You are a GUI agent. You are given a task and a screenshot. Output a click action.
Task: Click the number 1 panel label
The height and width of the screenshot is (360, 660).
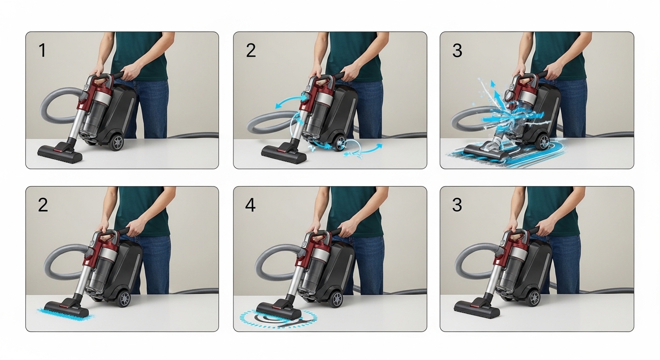pyautogui.click(x=42, y=51)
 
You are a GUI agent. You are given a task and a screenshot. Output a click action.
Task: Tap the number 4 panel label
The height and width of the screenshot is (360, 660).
pyautogui.click(x=250, y=205)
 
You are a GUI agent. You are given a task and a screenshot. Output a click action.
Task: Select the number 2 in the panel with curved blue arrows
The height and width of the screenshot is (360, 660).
pyautogui.click(x=251, y=51)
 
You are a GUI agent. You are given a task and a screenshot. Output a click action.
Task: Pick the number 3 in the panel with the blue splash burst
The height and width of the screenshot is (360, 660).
pyautogui.click(x=457, y=51)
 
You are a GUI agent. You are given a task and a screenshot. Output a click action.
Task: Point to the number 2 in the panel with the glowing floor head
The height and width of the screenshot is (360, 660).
pyautogui.click(x=43, y=205)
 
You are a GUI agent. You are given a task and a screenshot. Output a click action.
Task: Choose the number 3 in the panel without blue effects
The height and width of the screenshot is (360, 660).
pyautogui.click(x=457, y=205)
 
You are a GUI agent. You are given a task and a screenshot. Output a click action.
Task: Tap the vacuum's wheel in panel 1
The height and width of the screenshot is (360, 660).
pyautogui.click(x=117, y=142)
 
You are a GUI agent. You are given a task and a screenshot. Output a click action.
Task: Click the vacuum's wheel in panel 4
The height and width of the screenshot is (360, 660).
pyautogui.click(x=336, y=299)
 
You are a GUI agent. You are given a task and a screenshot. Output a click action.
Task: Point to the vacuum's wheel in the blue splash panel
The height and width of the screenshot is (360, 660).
pyautogui.click(x=543, y=141)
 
